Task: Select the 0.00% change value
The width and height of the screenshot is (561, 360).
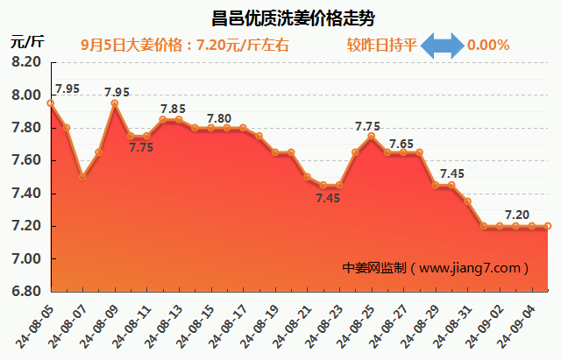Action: point(489,46)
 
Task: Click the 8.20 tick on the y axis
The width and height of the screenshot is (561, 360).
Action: point(27,63)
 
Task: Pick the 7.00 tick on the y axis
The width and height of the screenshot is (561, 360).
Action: point(27,259)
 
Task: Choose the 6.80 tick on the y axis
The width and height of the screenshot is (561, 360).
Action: point(27,292)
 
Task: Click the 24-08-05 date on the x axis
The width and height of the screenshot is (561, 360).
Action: point(36,321)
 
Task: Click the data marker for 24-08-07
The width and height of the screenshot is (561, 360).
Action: point(82,177)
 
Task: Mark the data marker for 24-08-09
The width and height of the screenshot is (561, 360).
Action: point(115,103)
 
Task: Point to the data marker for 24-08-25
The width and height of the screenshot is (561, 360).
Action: point(371,137)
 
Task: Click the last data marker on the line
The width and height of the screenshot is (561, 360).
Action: point(548,226)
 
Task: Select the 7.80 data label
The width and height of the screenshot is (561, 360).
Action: point(219,118)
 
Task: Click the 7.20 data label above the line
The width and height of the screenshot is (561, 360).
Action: point(517,215)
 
